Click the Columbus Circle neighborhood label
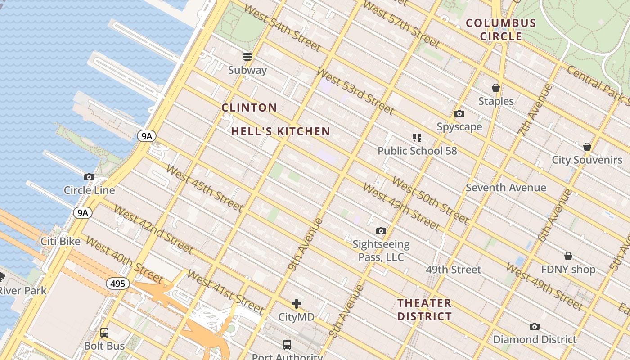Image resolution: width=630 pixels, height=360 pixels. (501, 30)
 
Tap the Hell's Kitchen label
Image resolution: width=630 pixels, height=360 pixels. (281, 131)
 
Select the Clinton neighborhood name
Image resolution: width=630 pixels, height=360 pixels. (249, 108)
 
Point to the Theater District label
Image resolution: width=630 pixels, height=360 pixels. (424, 310)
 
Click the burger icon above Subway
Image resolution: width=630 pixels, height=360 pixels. (247, 57)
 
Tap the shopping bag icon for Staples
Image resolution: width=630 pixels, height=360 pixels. (496, 88)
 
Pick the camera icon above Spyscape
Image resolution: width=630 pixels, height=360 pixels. (459, 113)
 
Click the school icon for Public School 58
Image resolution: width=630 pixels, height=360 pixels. (417, 137)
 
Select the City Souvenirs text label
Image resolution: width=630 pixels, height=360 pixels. (587, 160)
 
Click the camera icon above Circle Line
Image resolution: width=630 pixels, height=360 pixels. (89, 177)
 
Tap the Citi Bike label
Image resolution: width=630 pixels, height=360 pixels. (61, 241)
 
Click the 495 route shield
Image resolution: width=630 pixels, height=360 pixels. (118, 283)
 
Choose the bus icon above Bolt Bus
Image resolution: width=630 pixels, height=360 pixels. (104, 333)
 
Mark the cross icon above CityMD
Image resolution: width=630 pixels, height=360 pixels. (297, 303)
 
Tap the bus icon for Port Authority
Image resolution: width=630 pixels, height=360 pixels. (287, 345)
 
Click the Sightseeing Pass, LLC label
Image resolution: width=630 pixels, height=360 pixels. (381, 251)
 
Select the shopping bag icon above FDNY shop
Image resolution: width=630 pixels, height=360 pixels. (568, 256)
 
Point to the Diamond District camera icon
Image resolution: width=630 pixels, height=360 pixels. (535, 326)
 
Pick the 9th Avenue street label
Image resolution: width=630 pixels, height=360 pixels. (306, 244)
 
